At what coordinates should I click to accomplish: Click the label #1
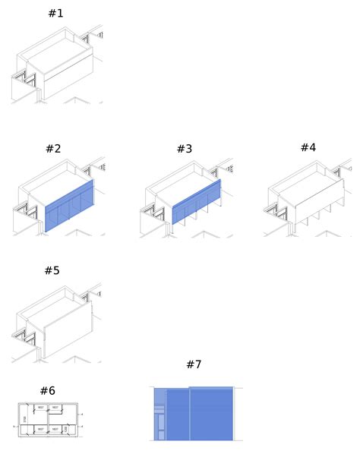[55, 14]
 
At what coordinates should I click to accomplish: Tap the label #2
[52, 149]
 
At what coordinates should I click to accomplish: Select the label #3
[185, 149]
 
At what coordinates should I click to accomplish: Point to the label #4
[308, 147]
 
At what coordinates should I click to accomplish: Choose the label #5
[52, 270]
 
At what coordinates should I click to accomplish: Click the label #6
[47, 390]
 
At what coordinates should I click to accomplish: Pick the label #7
[194, 364]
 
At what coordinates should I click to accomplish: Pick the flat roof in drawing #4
[308, 184]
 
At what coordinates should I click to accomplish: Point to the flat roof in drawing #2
[56, 183]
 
